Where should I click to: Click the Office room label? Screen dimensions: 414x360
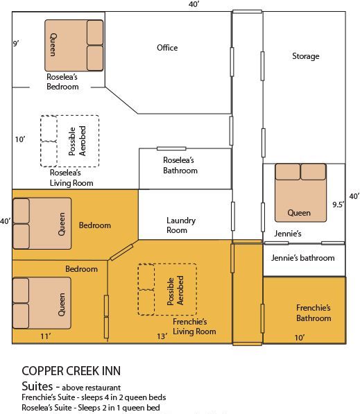tap(167, 48)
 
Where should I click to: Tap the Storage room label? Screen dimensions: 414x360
tap(305, 56)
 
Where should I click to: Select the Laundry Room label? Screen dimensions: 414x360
tap(181, 225)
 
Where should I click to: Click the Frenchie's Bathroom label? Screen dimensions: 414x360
tap(314, 313)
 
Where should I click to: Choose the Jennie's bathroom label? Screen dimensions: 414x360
tap(302, 258)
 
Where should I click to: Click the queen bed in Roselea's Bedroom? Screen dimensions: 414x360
tap(74, 46)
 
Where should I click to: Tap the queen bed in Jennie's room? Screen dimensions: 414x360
tap(300, 191)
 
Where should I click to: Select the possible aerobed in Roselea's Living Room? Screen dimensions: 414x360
tap(69, 141)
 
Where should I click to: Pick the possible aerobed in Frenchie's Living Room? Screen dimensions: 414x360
tap(167, 290)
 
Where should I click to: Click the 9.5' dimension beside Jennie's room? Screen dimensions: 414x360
tap(338, 205)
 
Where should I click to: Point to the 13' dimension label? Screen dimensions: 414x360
tap(162, 336)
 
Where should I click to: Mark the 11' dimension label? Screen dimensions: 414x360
tap(44, 336)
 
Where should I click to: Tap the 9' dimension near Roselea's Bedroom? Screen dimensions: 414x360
tap(16, 44)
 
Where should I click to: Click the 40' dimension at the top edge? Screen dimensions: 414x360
tap(194, 5)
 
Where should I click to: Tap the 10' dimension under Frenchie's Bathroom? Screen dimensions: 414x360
tap(300, 337)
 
